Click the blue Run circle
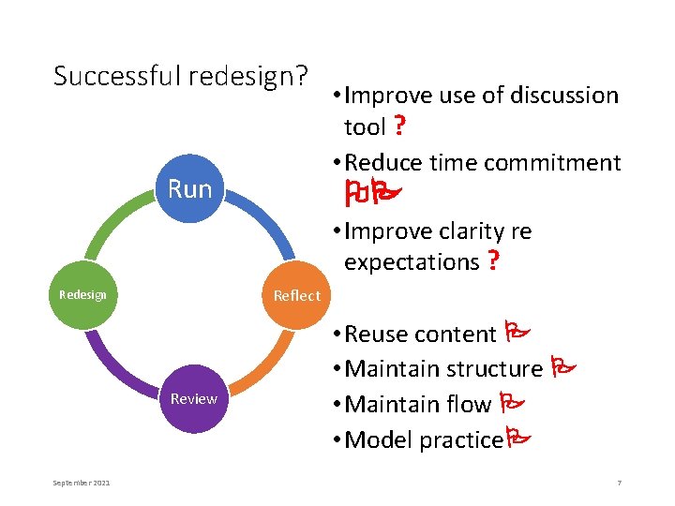pos(190,189)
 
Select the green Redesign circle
pos(83,294)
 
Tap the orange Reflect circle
pos(295,294)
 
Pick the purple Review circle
pos(193,398)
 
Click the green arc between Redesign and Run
pos(117,224)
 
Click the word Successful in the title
pos(117,75)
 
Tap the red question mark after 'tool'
pos(400,126)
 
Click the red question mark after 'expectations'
pos(493,262)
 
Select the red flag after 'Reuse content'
pos(513,332)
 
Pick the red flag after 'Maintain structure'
pos(561,367)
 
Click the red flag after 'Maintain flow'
pos(509,403)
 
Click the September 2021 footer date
pos(82,483)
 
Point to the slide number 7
pos(619,483)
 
